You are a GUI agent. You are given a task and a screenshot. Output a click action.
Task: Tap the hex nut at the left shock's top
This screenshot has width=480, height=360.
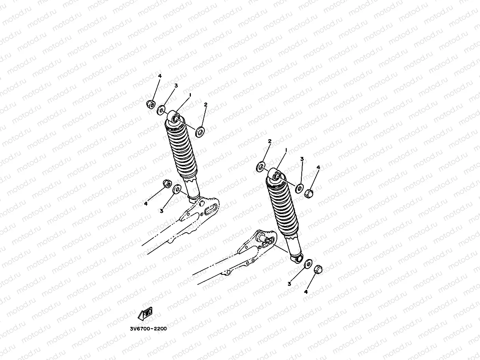coord(150,104)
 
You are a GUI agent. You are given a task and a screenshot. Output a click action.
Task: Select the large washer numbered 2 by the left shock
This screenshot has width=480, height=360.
coord(200,130)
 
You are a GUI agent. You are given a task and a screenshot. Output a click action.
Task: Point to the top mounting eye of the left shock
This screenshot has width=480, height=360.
coord(175,117)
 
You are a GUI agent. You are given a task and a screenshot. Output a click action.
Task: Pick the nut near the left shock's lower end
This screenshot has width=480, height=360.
coord(167,184)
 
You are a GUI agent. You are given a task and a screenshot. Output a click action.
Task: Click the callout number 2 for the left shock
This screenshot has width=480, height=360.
coord(205,104)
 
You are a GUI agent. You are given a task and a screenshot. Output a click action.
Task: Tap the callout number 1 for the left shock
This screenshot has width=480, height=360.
coord(190,95)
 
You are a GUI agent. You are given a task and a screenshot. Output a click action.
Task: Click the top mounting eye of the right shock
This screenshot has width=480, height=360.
coord(276,175)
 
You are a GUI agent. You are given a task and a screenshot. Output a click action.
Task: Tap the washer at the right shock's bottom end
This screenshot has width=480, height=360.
coord(308,263)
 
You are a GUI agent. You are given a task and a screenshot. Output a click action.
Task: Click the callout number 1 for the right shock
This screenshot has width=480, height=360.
coord(286,150)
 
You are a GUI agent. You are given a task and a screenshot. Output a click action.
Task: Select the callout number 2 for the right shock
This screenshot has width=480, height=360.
coord(270,141)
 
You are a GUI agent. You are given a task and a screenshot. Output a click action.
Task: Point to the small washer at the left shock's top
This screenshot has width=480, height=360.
coord(161,110)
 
